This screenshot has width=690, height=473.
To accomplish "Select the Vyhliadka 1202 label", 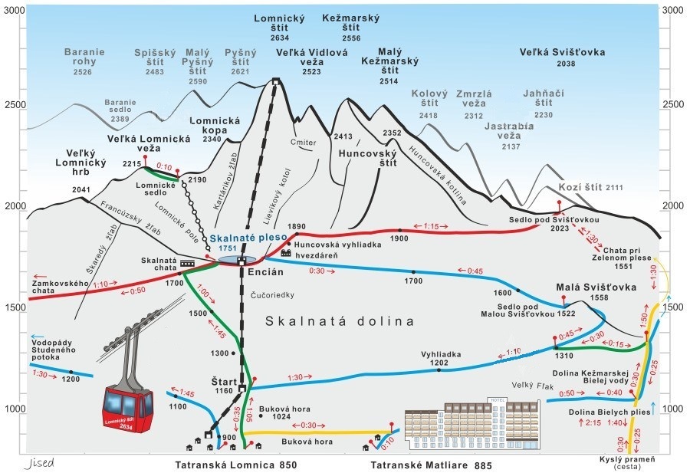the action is pos(439,358).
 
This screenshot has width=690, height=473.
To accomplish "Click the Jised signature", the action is pos(39,463).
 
